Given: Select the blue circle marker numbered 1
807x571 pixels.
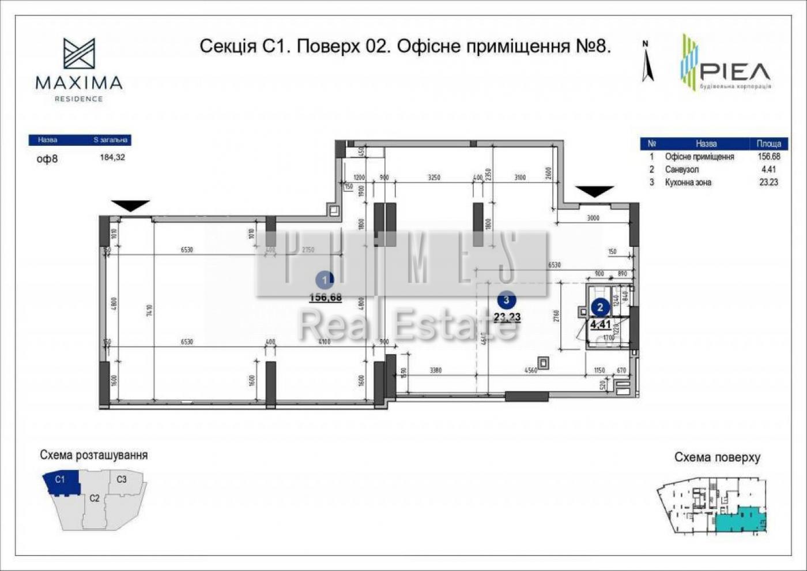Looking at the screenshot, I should (x=325, y=280).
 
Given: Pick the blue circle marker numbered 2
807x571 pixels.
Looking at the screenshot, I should (x=600, y=307).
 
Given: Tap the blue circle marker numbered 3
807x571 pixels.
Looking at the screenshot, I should (x=506, y=299).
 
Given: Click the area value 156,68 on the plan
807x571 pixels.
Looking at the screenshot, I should (x=326, y=298).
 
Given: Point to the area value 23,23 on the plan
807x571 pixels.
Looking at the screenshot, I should (x=507, y=317).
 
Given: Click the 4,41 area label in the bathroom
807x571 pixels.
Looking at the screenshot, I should (x=600, y=325).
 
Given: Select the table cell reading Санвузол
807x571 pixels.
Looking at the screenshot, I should (x=681, y=170).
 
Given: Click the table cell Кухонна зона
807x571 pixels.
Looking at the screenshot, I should (x=688, y=182).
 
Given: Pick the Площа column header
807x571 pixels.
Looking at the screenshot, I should (x=768, y=144).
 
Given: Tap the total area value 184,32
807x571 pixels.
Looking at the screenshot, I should (x=112, y=157).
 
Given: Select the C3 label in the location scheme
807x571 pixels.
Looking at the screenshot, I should (x=122, y=479).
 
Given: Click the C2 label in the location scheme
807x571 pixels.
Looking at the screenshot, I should (x=95, y=498).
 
